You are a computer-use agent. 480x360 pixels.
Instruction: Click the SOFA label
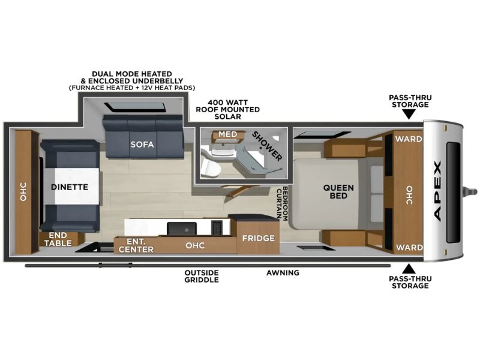(142, 145)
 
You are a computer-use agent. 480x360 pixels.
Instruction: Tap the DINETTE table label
(70, 187)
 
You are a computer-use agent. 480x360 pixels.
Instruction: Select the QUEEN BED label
(338, 191)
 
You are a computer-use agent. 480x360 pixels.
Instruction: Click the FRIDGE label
(259, 238)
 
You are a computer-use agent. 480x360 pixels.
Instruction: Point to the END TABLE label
(58, 239)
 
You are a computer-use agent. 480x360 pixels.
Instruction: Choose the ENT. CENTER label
(136, 245)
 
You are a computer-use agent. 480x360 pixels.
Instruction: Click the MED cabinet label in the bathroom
(228, 134)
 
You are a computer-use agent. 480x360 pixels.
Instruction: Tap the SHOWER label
(267, 146)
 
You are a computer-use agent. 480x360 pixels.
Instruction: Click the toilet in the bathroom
(209, 167)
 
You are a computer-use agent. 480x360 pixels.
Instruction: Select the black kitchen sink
(182, 229)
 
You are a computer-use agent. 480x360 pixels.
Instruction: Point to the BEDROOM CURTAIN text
(282, 203)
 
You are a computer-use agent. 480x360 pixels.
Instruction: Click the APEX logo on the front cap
(438, 191)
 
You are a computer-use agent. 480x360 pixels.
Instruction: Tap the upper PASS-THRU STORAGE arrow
(409, 115)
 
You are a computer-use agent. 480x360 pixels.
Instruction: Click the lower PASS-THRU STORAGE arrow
(409, 269)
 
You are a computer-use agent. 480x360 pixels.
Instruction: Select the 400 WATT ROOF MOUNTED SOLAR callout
(228, 109)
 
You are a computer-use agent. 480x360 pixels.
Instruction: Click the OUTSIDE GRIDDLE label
(202, 276)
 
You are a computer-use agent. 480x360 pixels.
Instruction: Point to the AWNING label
(283, 273)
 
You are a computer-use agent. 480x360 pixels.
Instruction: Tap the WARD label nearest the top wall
(409, 139)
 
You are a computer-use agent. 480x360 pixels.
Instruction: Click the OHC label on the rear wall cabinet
(23, 192)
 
